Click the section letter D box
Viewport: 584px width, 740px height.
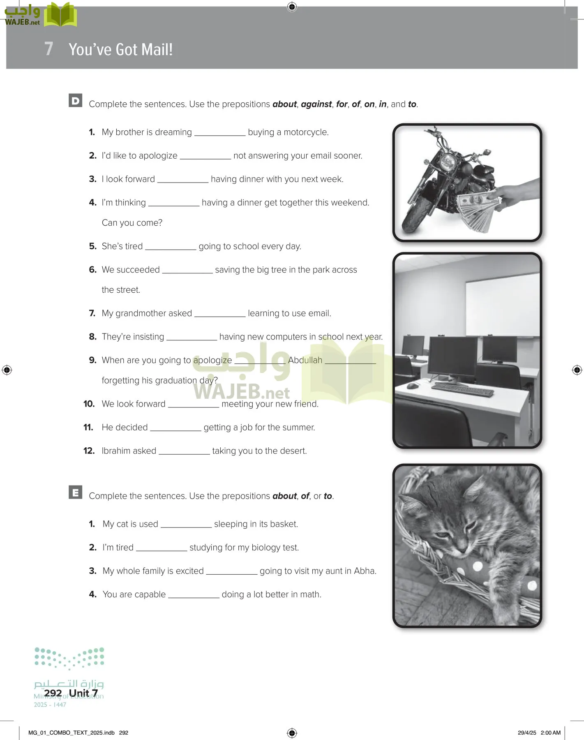76,101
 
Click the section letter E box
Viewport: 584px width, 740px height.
76,493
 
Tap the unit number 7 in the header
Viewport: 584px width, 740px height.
49,49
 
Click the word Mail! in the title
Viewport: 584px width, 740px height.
157,50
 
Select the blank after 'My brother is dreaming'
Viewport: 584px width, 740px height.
219,133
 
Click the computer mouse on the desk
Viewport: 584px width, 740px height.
412,386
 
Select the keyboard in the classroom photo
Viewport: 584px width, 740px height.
462,388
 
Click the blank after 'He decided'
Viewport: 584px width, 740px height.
175,428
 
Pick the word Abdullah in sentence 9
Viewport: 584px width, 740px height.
305,361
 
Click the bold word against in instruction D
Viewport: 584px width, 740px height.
316,104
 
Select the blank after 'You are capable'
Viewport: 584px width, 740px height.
194,595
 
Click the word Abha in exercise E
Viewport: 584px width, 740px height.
364,571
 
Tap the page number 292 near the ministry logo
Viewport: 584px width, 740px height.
53,693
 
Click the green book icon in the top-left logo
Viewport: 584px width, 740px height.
60,16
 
